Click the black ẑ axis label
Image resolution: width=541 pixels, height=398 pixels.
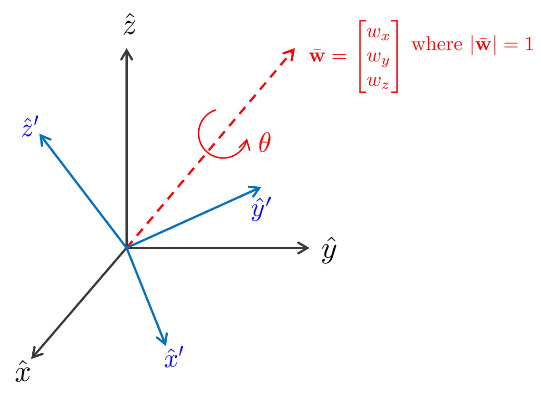coord(130,26)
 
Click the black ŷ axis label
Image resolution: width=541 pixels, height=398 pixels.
coord(329,250)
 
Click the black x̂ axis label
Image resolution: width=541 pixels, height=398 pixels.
coord(23,372)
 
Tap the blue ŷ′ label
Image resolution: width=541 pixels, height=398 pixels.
coord(261,209)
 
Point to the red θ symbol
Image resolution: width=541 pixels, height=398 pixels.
coord(265,143)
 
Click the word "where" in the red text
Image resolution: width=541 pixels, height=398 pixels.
coord(436,46)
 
